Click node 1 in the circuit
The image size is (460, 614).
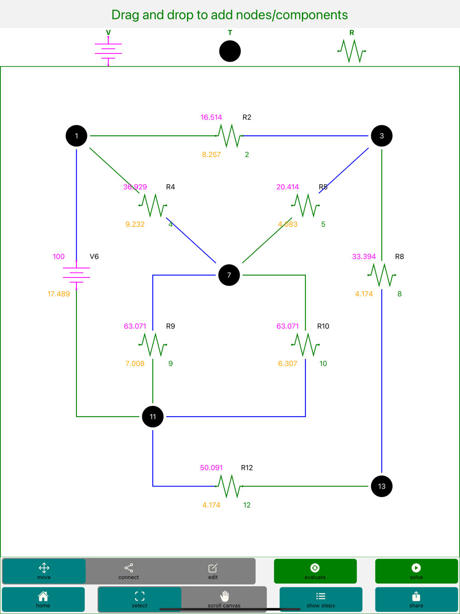[x=76, y=136]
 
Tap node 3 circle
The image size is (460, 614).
[x=381, y=136]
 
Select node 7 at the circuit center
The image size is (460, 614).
[x=229, y=275]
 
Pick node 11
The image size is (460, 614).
[x=153, y=417]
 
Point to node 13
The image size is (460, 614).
[x=381, y=486]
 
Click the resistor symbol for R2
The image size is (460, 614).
[x=229, y=136]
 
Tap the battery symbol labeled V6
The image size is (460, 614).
[x=76, y=275]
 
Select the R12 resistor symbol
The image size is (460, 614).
[x=229, y=486]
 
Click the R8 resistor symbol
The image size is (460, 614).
[x=381, y=275]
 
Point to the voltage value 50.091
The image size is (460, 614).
[x=211, y=468]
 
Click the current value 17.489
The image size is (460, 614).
[x=58, y=294]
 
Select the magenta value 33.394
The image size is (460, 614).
[x=364, y=256]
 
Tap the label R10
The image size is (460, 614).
[x=323, y=326]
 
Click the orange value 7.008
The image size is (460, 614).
[x=135, y=364]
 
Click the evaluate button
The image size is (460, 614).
[x=315, y=571]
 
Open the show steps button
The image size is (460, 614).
[x=321, y=599]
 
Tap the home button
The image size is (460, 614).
[x=43, y=599]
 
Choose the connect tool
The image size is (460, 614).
[x=128, y=571]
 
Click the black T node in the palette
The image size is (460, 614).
[x=230, y=51]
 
